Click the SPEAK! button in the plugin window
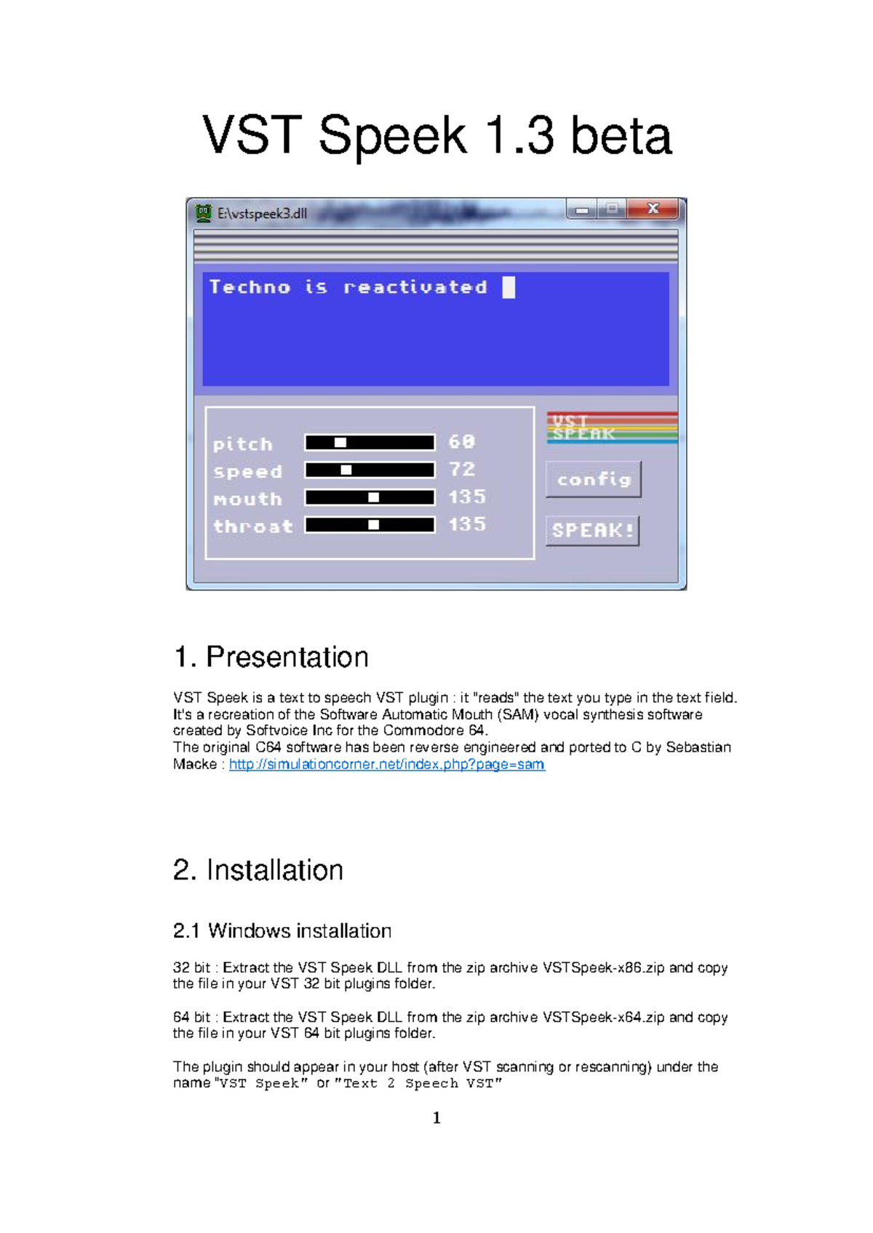pyautogui.click(x=592, y=531)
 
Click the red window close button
pyautogui.click(x=653, y=209)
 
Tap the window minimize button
pyautogui.click(x=582, y=210)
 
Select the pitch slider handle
pyautogui.click(x=340, y=443)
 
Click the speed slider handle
pyautogui.click(x=346, y=470)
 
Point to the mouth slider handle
pyautogui.click(x=373, y=498)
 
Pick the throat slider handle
pyautogui.click(x=373, y=525)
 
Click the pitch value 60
pyautogui.click(x=461, y=442)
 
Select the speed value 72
pyautogui.click(x=462, y=470)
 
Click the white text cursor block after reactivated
pyautogui.click(x=509, y=287)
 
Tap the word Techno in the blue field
pyautogui.click(x=250, y=287)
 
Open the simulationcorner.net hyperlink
pyautogui.click(x=386, y=764)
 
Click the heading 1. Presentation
pyautogui.click(x=271, y=656)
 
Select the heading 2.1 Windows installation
pyautogui.click(x=282, y=931)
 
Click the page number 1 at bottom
pyautogui.click(x=436, y=1117)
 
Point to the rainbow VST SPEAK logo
pyautogui.click(x=611, y=427)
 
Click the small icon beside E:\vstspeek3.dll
pyautogui.click(x=204, y=213)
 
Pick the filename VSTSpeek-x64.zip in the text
pyautogui.click(x=603, y=1017)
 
